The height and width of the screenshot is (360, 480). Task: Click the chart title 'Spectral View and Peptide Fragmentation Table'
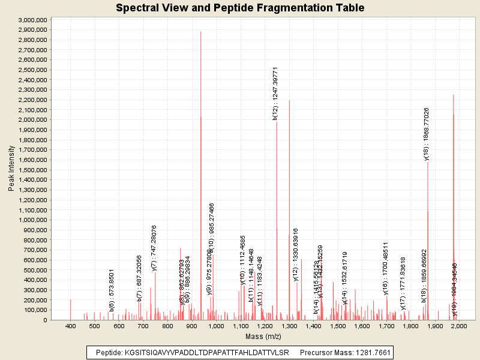(240, 8)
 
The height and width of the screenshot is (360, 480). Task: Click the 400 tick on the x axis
(71, 325)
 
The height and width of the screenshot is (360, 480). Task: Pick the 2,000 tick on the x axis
(459, 325)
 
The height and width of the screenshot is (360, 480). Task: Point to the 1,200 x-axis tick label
(265, 325)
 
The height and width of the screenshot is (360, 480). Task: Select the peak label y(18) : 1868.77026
(426, 134)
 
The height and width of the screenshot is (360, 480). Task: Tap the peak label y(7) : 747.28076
(154, 248)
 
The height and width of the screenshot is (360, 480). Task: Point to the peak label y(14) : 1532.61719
(345, 278)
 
